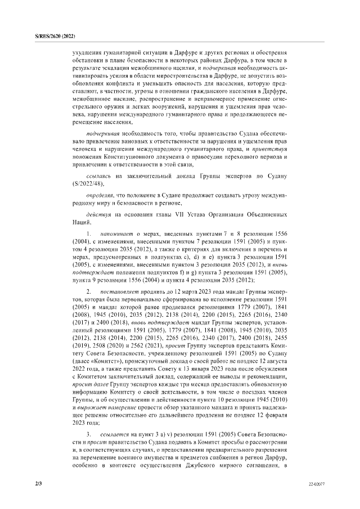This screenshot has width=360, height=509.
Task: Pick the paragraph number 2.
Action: (88, 293)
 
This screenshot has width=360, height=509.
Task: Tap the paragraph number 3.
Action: (88, 435)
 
